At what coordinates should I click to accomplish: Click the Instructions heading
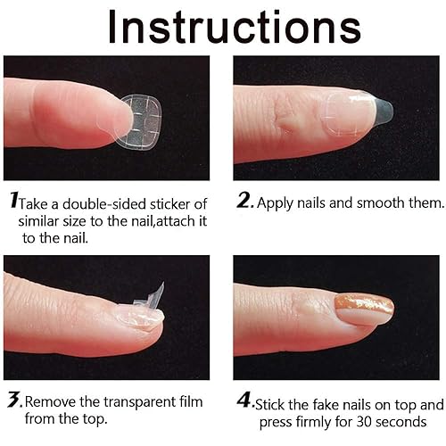(x=223, y=27)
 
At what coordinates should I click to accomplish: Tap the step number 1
(x=12, y=202)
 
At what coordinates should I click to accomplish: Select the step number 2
(x=245, y=202)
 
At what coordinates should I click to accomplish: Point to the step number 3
(x=12, y=401)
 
